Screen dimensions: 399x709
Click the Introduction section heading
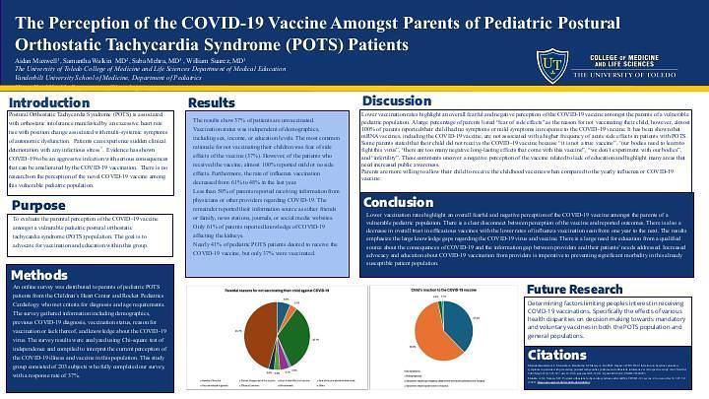pos(49,102)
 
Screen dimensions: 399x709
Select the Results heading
pos(212,102)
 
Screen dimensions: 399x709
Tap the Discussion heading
pos(397,100)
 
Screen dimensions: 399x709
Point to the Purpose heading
pos(39,205)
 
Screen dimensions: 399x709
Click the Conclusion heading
pos(399,202)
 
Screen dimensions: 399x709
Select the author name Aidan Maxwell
pos(35,63)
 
